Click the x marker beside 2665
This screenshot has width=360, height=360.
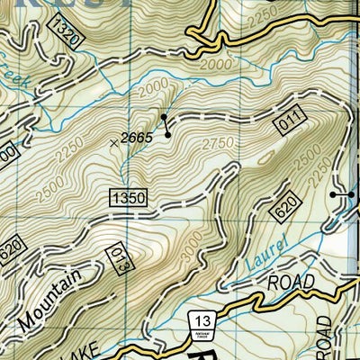coord(113,142)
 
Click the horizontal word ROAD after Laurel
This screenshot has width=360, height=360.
coord(291,283)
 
